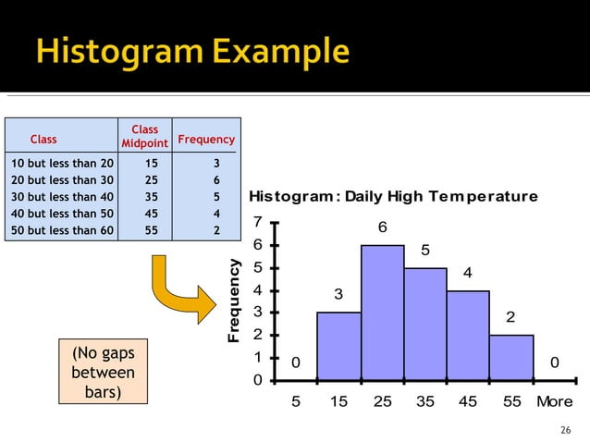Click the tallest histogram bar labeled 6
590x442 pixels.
tap(382, 313)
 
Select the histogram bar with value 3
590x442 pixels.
tap(338, 346)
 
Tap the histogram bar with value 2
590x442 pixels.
tap(511, 357)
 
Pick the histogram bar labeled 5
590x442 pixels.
tap(425, 324)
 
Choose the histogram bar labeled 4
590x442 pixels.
tap(468, 335)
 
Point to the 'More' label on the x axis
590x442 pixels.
tap(555, 402)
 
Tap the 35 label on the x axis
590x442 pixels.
tap(425, 402)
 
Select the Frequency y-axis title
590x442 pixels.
tap(235, 301)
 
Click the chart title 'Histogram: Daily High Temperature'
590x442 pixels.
tap(393, 197)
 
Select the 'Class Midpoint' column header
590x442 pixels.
tap(144, 136)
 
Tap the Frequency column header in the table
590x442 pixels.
tap(206, 140)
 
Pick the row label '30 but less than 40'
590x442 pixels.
tap(61, 197)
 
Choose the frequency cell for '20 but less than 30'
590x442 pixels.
tap(215, 180)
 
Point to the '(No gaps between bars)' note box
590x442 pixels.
tap(103, 373)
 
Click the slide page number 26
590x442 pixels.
tap(566, 430)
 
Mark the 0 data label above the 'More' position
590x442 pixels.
tap(555, 363)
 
